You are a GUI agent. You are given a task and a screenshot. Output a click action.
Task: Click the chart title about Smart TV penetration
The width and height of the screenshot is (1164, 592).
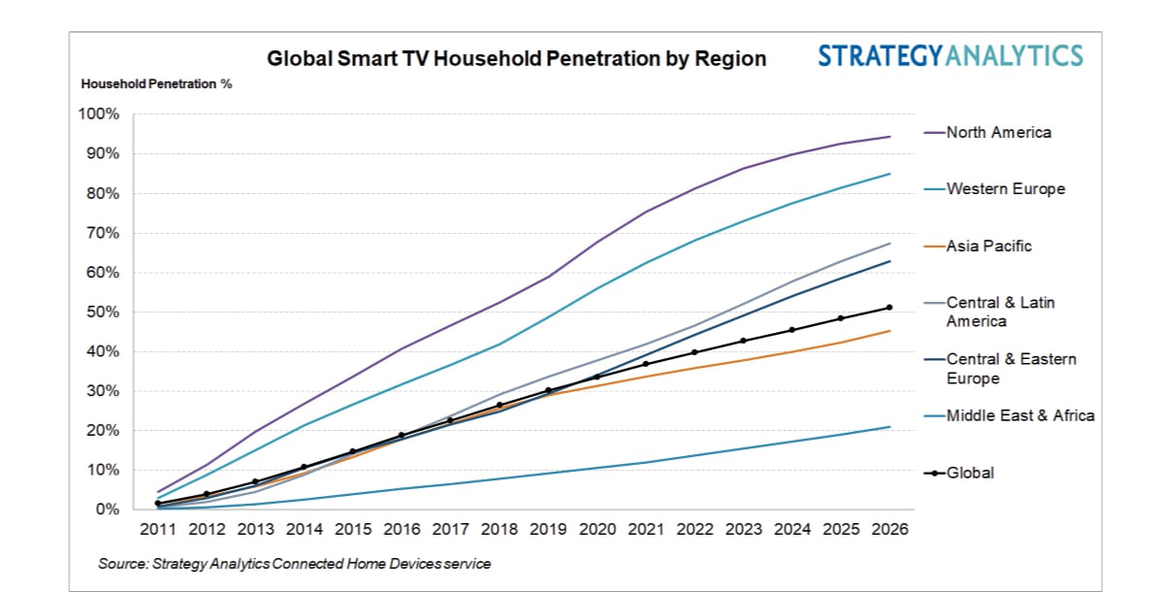(516, 59)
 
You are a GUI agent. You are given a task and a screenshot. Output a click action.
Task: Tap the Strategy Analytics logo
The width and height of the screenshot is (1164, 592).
(950, 55)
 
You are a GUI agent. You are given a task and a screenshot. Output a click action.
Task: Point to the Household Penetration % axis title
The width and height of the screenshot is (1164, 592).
(156, 84)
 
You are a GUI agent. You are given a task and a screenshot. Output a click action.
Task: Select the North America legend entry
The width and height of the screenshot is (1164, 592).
(998, 133)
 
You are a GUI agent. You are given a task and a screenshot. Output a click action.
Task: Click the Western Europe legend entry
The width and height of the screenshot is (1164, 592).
(1005, 189)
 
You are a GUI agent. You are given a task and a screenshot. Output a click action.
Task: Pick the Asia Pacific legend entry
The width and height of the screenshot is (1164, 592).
(988, 247)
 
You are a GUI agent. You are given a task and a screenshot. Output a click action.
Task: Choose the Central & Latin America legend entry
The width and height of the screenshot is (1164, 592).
(1000, 312)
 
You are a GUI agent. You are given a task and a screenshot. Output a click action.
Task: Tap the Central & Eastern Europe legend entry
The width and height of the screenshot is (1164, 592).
(1011, 369)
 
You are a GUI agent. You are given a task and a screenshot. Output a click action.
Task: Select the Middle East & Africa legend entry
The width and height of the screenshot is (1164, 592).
(1019, 415)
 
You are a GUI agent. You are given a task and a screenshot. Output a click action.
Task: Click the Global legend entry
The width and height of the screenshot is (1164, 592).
(970, 473)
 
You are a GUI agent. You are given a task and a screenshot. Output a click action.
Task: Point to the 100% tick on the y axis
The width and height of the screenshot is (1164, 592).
(99, 115)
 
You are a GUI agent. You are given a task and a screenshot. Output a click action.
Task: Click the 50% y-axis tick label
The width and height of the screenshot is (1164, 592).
(103, 312)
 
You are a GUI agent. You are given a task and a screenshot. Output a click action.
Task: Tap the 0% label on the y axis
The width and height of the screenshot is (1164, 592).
(107, 510)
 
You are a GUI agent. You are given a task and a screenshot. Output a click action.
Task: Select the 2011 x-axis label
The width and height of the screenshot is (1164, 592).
(157, 530)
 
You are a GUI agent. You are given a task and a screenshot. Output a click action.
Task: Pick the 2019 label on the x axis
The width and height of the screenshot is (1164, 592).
(548, 530)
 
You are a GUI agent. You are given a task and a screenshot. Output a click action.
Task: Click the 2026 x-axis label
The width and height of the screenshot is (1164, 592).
(889, 530)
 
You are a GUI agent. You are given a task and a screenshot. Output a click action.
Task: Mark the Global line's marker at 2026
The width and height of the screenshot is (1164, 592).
(889, 308)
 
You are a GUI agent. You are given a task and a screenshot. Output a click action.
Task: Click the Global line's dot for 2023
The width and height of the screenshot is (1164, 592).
(743, 341)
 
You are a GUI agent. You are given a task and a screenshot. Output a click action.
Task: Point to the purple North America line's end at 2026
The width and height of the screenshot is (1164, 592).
(889, 137)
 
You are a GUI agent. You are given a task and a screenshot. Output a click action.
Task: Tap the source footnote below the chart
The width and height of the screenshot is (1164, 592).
(294, 564)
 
